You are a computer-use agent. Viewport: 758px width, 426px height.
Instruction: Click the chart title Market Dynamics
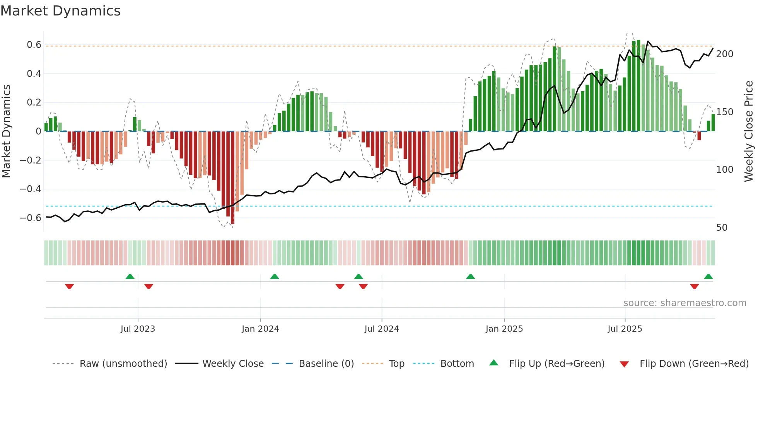pos(61,11)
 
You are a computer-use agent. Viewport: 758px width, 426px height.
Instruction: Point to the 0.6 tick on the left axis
pos(34,45)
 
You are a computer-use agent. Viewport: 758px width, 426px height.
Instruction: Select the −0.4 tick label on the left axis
pos(31,189)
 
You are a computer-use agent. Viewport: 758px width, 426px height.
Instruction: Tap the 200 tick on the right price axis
pos(724,54)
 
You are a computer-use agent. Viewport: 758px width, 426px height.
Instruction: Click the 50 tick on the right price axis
pos(722,228)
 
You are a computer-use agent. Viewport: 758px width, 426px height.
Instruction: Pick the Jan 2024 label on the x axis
pos(260,329)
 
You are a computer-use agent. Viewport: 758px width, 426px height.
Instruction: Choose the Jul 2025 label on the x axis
pos(625,329)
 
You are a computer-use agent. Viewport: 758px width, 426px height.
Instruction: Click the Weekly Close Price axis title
pos(749,131)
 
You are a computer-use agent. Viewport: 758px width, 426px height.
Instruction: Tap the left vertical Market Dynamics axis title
pos(6,131)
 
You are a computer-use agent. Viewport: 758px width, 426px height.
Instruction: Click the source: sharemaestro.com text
pos(685,303)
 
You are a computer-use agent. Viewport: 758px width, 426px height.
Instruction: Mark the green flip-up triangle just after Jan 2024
pos(275,277)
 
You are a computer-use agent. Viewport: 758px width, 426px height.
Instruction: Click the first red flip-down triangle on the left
pos(69,286)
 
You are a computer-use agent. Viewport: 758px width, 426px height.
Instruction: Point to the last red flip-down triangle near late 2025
pos(694,286)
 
